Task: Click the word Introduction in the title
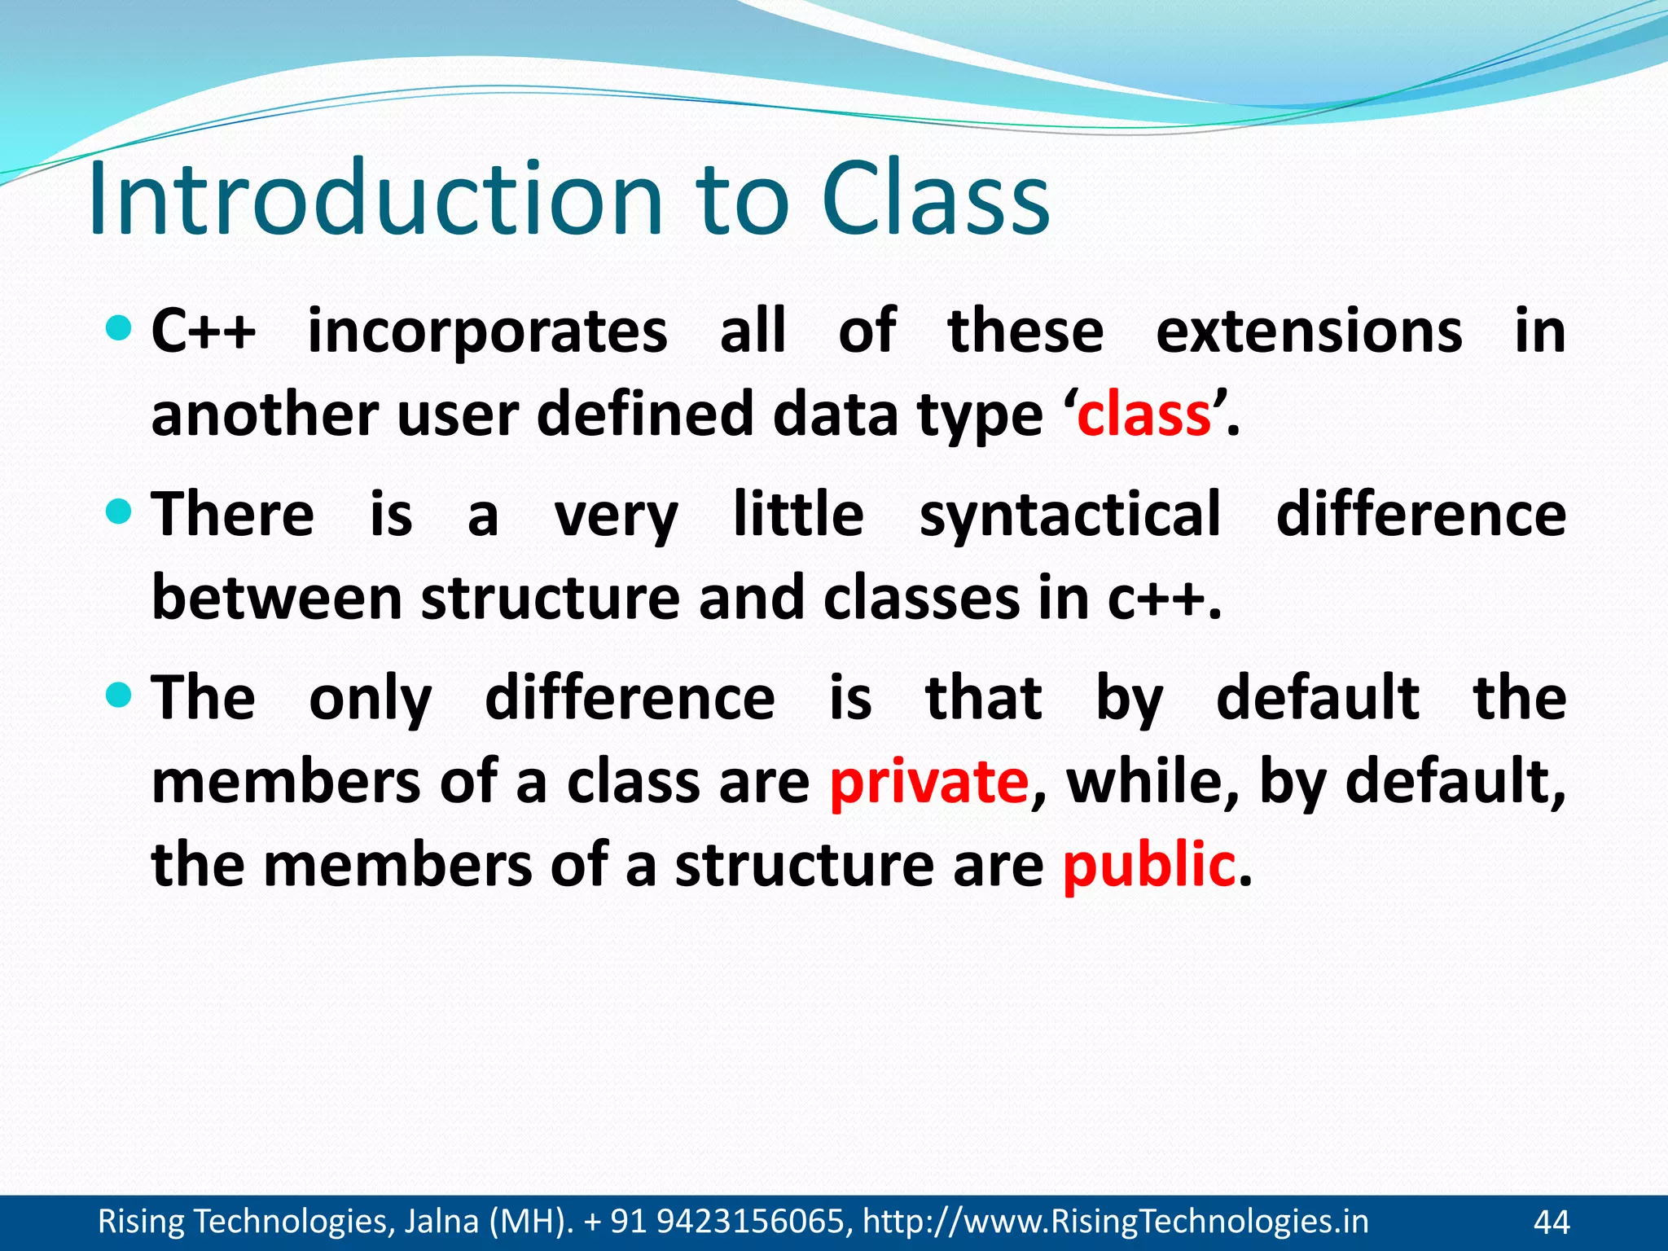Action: (375, 200)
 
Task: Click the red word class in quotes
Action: (1143, 415)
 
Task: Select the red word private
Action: (929, 782)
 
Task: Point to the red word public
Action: (1149, 865)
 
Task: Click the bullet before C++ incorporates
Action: (119, 329)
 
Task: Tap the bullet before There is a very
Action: (119, 512)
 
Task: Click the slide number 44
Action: (1551, 1222)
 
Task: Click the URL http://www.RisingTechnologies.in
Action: (1115, 1222)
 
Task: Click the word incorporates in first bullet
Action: (487, 332)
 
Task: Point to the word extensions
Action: (1309, 332)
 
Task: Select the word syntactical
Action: (1070, 516)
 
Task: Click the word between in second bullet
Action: (277, 599)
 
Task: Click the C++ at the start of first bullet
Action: (204, 332)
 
